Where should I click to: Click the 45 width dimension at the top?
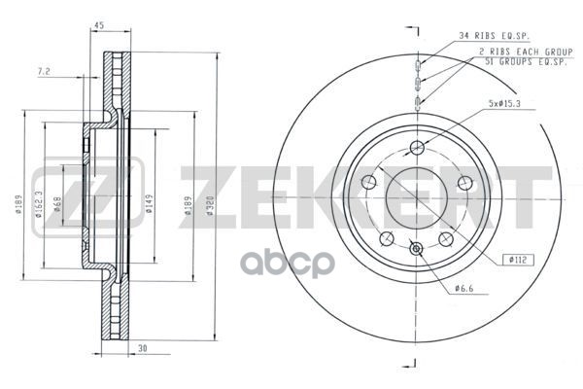(99, 26)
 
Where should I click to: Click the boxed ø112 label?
(517, 259)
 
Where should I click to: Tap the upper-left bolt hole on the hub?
(368, 182)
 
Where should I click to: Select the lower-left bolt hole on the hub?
(387, 238)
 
